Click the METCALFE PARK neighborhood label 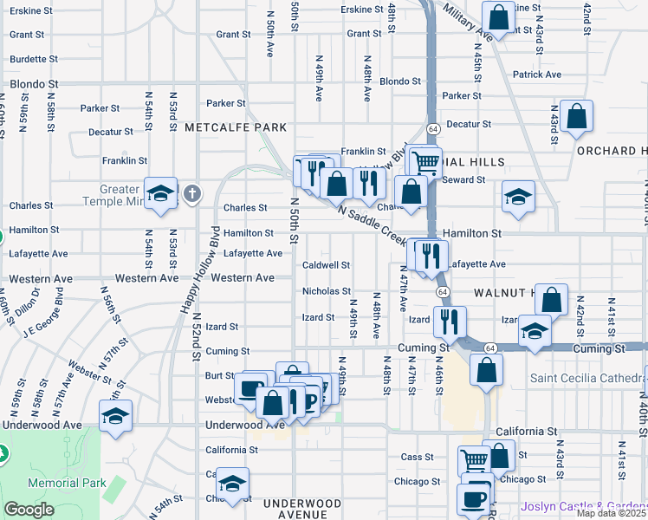pyautogui.click(x=235, y=127)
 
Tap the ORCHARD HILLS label pyautogui.click(x=612, y=150)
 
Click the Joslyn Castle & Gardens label pyautogui.click(x=583, y=506)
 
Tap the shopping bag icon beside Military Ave pyautogui.click(x=499, y=16)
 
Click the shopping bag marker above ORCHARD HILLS pyautogui.click(x=576, y=116)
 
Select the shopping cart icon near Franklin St pyautogui.click(x=424, y=161)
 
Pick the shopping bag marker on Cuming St pyautogui.click(x=487, y=368)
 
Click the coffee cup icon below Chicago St pyautogui.click(x=475, y=498)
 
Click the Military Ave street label pyautogui.click(x=466, y=22)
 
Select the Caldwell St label pyautogui.click(x=326, y=264)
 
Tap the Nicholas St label pyautogui.click(x=326, y=291)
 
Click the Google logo pyautogui.click(x=28, y=510)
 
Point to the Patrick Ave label pyautogui.click(x=536, y=75)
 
